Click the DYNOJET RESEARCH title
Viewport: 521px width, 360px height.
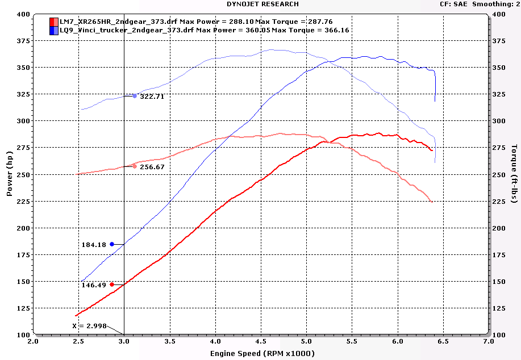tap(262, 4)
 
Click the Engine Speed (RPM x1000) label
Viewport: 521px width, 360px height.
tap(261, 353)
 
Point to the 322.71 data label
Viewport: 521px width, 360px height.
tap(152, 97)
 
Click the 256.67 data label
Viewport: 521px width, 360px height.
tap(152, 167)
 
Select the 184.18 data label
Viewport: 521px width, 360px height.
tap(94, 245)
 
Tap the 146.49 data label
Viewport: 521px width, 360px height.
tap(94, 285)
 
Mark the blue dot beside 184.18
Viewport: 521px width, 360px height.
tap(112, 244)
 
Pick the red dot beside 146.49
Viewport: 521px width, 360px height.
tap(112, 284)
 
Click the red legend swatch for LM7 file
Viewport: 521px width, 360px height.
tap(53, 22)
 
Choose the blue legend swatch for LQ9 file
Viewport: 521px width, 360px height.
tap(53, 30)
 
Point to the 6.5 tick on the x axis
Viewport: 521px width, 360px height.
tap(443, 342)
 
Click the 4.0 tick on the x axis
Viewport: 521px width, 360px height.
tap(215, 342)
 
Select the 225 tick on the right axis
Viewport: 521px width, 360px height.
tap(498, 201)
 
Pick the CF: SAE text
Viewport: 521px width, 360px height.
tap(453, 4)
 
